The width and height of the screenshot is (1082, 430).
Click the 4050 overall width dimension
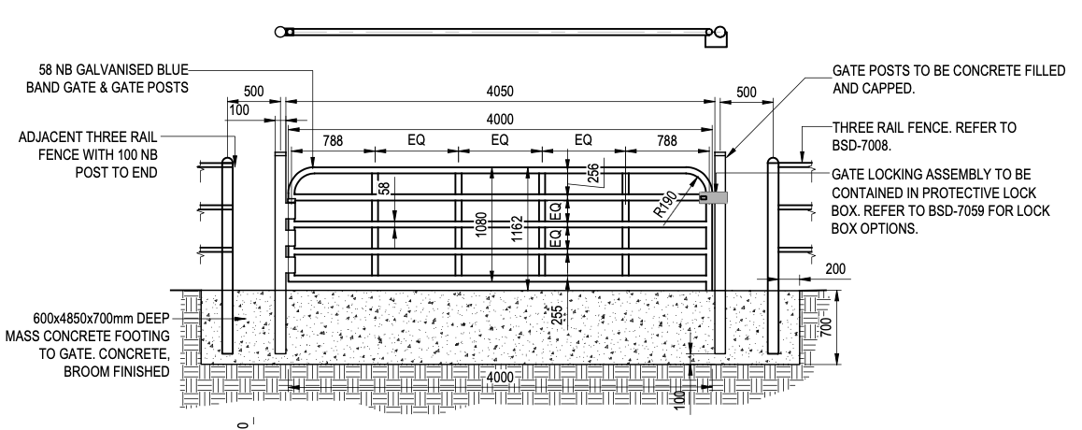(x=500, y=92)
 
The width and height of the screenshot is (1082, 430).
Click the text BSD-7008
(x=864, y=146)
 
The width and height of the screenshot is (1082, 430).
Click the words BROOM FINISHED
(x=123, y=371)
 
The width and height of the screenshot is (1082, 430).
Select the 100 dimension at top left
(x=239, y=111)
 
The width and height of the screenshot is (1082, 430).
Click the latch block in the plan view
(x=717, y=36)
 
